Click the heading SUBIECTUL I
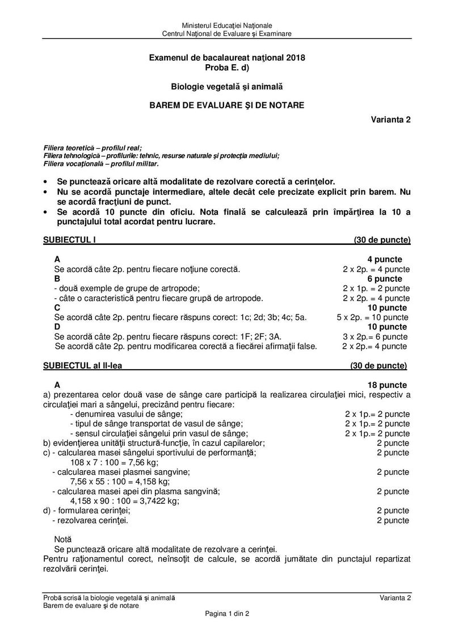click(69, 240)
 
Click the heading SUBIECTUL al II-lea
click(82, 365)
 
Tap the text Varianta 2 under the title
click(391, 120)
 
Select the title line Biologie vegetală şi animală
click(226, 86)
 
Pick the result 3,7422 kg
click(161, 501)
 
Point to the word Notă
click(63, 538)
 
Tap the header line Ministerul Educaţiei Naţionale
click(227, 26)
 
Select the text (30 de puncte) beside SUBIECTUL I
click(382, 240)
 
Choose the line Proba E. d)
click(226, 67)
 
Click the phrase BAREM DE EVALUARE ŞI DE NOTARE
click(226, 105)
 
